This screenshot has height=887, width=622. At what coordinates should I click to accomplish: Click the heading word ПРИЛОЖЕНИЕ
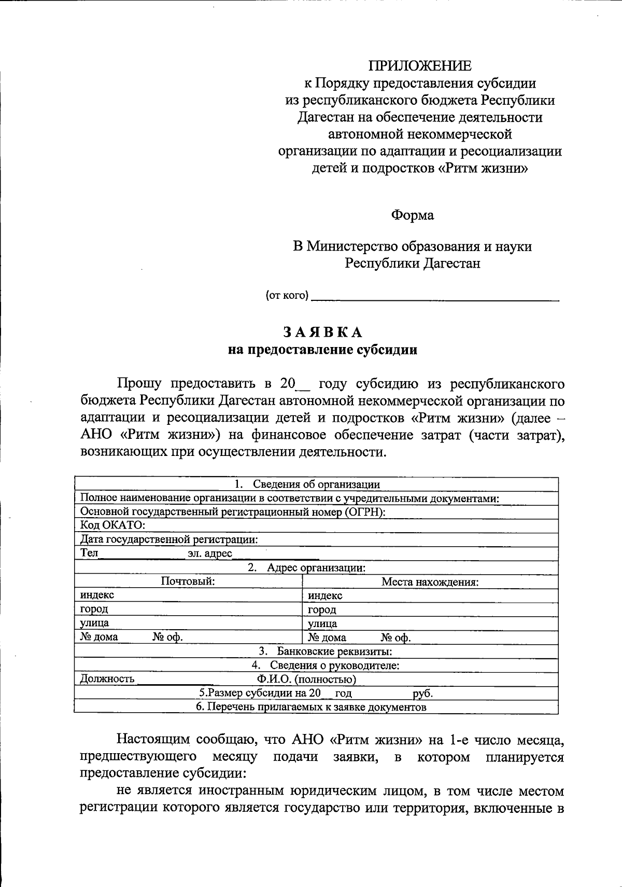420,66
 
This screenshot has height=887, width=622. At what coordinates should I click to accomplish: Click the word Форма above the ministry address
413,215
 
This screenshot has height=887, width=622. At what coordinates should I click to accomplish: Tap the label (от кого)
287,296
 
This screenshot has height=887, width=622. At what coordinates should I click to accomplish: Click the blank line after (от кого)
435,298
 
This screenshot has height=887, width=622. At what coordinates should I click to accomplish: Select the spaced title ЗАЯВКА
322,332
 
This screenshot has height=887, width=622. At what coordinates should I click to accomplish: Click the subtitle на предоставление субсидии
322,350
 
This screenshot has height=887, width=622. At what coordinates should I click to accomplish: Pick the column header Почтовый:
188,581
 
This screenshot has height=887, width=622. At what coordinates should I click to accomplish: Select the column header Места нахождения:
430,582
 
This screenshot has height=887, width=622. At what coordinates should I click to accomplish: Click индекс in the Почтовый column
97,595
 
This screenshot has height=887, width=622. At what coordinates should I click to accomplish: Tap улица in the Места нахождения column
322,623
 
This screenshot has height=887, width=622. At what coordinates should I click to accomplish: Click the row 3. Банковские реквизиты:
325,652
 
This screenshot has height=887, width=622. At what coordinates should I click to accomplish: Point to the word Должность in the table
107,679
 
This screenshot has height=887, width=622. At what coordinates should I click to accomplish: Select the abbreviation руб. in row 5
422,694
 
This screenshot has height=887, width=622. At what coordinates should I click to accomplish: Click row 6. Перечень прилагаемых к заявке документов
311,707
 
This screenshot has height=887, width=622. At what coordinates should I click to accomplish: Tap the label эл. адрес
209,553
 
